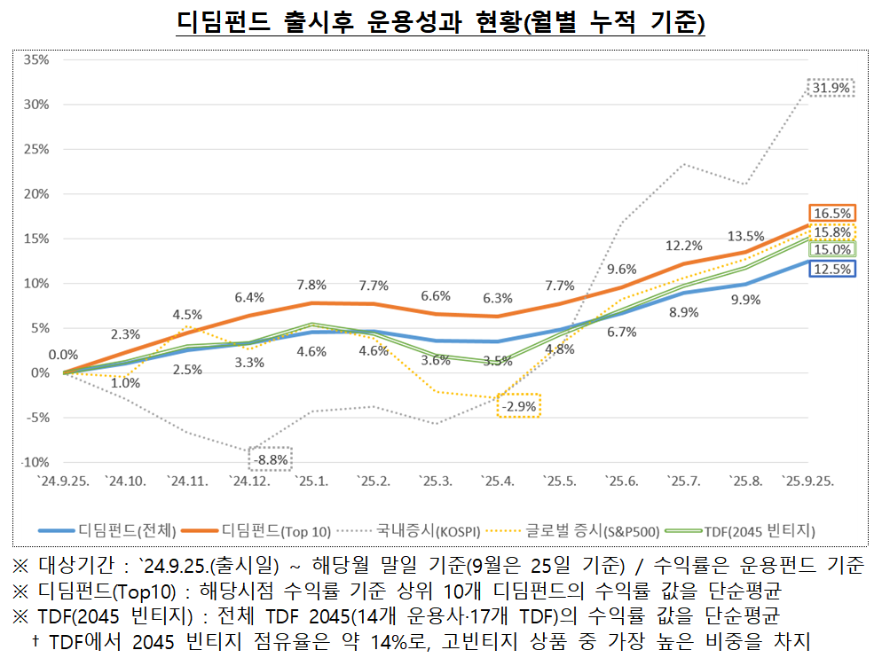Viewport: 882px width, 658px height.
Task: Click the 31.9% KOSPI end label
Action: pos(831,88)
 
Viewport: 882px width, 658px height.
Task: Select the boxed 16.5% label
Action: pos(831,213)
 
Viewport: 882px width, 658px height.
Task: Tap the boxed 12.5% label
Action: pos(831,269)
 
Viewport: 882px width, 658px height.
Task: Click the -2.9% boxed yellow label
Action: pos(518,406)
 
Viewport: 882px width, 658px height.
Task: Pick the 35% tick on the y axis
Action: pos(36,59)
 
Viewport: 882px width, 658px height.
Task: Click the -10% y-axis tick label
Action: pos(35,462)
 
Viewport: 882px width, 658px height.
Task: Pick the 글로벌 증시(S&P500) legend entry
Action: pos(589,531)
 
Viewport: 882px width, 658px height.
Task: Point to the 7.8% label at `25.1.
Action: pos(311,285)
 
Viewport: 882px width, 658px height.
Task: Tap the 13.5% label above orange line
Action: pos(745,236)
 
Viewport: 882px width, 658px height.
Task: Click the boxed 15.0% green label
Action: pos(831,250)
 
